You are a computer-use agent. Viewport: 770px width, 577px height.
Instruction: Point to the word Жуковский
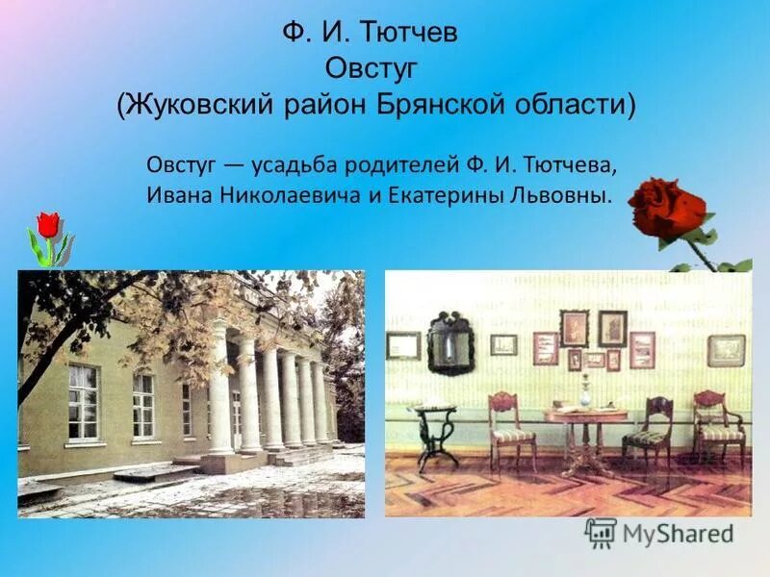(x=198, y=104)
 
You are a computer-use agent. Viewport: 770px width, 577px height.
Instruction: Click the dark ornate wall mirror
(x=450, y=343)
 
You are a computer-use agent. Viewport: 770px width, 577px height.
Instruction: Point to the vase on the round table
(x=584, y=391)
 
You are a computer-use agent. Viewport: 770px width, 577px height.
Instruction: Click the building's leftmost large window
(x=83, y=402)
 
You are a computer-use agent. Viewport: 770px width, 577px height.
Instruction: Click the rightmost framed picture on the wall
(x=727, y=350)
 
